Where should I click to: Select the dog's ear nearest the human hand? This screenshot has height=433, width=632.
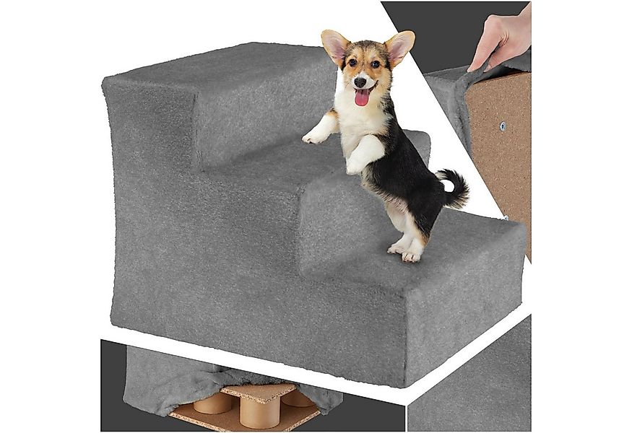[x=399, y=45]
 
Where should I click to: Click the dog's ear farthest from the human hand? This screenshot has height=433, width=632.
[x=335, y=45]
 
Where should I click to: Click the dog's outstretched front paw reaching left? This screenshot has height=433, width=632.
[x=314, y=136]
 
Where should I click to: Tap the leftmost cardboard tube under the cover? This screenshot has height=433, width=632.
[x=212, y=402]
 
